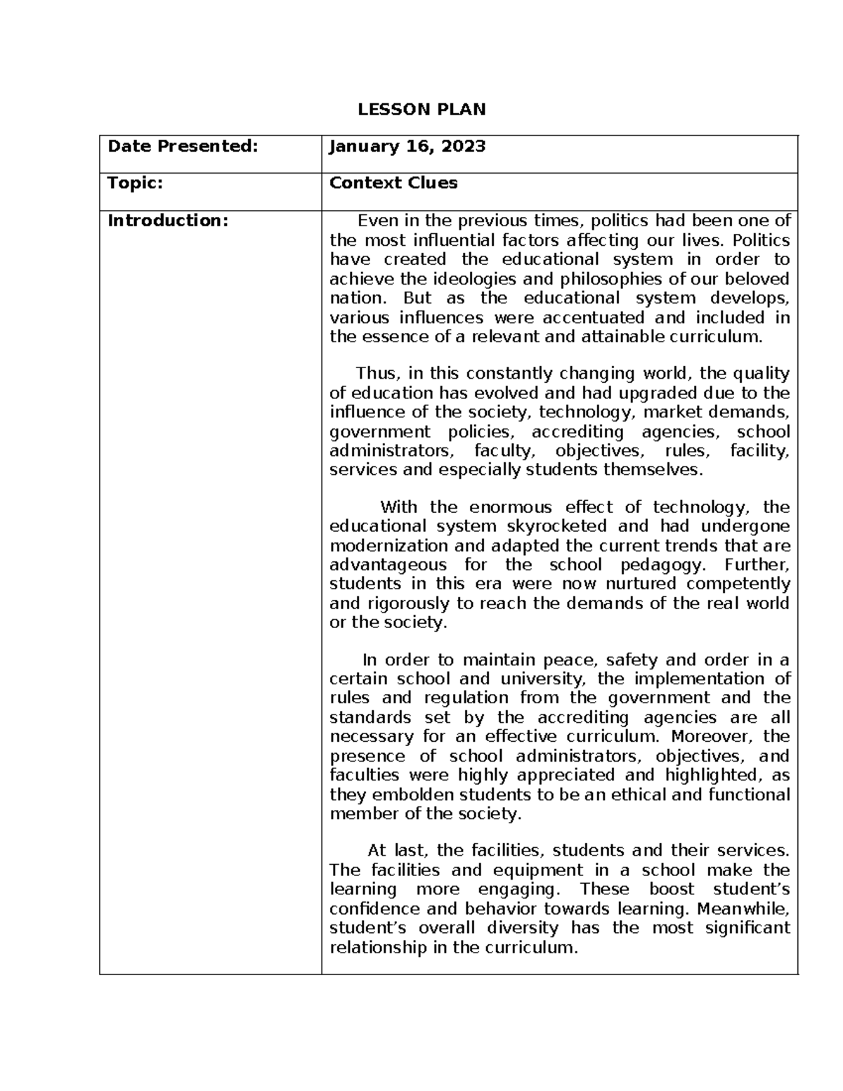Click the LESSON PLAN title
click(421, 109)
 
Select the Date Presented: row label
click(182, 146)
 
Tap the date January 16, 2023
click(407, 146)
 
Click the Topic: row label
click(135, 183)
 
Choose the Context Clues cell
click(393, 183)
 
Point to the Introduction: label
click(168, 221)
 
